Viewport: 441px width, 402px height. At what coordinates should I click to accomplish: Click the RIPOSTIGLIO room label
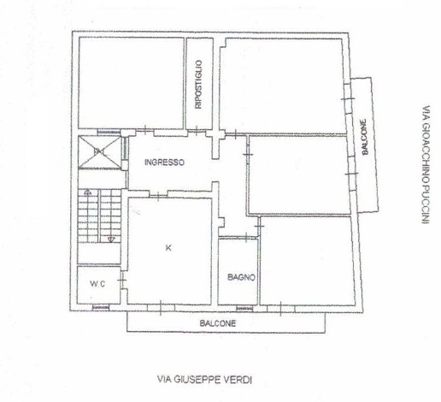click(199, 85)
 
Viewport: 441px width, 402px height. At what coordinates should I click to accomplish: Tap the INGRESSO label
click(164, 163)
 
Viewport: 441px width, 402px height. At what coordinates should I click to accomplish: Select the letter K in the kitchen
click(168, 248)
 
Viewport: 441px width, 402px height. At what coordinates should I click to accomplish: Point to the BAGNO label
click(241, 277)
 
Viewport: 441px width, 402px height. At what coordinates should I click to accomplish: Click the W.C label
click(97, 284)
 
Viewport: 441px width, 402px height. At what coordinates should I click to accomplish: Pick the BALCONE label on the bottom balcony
click(218, 323)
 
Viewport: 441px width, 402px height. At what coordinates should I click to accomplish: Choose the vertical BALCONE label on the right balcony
click(364, 137)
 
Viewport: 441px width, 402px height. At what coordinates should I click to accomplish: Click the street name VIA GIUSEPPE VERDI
click(205, 380)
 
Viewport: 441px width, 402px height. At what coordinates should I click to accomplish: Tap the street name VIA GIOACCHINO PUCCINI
click(426, 165)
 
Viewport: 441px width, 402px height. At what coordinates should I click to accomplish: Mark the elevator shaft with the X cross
click(99, 152)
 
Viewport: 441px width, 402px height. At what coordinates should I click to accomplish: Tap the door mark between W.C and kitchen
click(122, 281)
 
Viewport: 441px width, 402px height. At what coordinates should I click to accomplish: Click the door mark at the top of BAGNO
click(246, 237)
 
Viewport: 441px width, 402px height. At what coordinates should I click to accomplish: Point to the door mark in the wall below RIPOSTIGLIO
click(197, 131)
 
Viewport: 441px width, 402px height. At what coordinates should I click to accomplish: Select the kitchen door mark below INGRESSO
click(159, 195)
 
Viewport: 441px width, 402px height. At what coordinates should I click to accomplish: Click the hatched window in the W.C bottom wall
click(101, 308)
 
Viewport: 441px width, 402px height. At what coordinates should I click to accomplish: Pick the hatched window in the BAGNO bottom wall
click(244, 309)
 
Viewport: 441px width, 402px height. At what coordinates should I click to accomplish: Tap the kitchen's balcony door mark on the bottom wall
click(161, 308)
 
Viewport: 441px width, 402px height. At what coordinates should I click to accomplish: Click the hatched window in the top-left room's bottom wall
click(109, 133)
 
